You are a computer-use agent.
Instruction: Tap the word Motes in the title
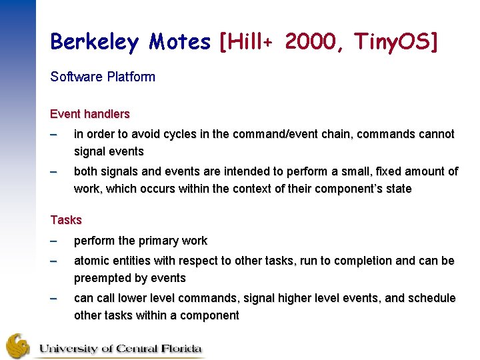179,43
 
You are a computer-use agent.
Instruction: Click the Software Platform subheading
103,77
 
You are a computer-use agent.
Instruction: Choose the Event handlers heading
90,114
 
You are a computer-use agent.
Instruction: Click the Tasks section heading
66,219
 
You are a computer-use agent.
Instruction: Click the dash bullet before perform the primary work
55,241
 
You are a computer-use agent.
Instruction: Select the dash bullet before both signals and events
55,171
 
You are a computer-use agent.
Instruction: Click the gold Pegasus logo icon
18,345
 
